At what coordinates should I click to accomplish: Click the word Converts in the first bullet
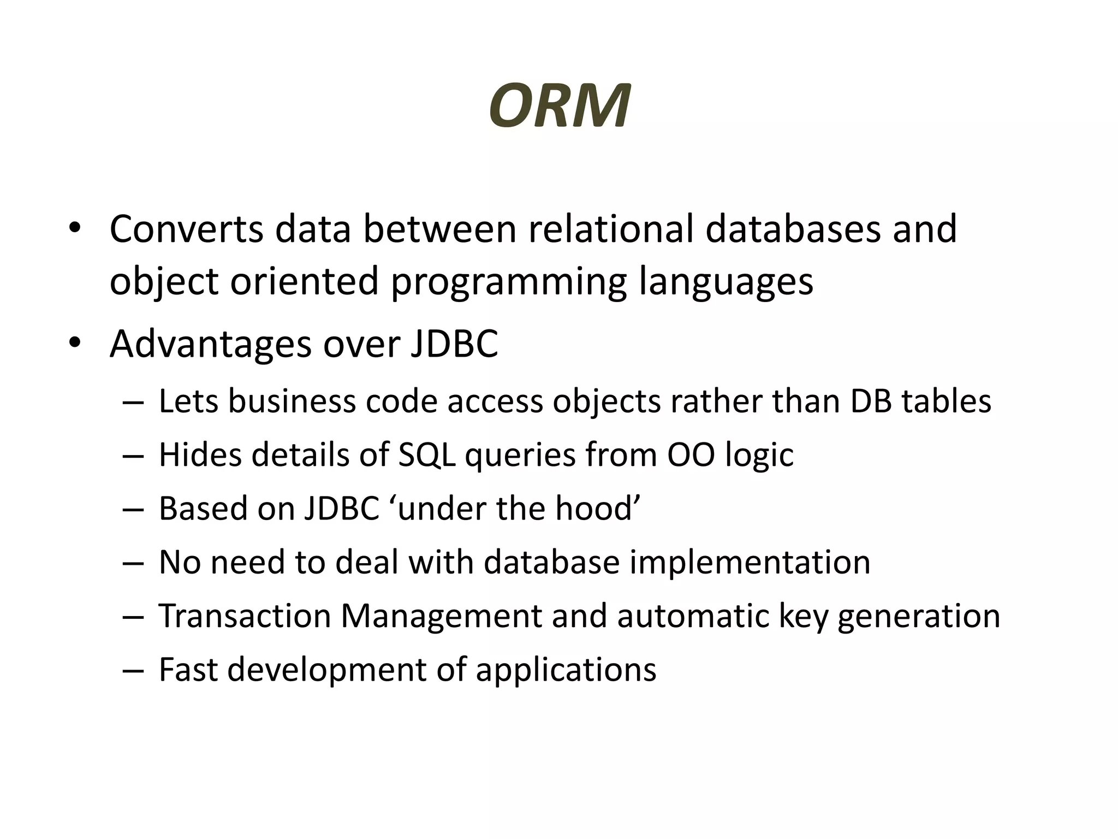[186, 229]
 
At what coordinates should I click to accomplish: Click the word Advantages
[210, 344]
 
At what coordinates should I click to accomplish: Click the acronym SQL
[426, 455]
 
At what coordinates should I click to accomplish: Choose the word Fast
[188, 670]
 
